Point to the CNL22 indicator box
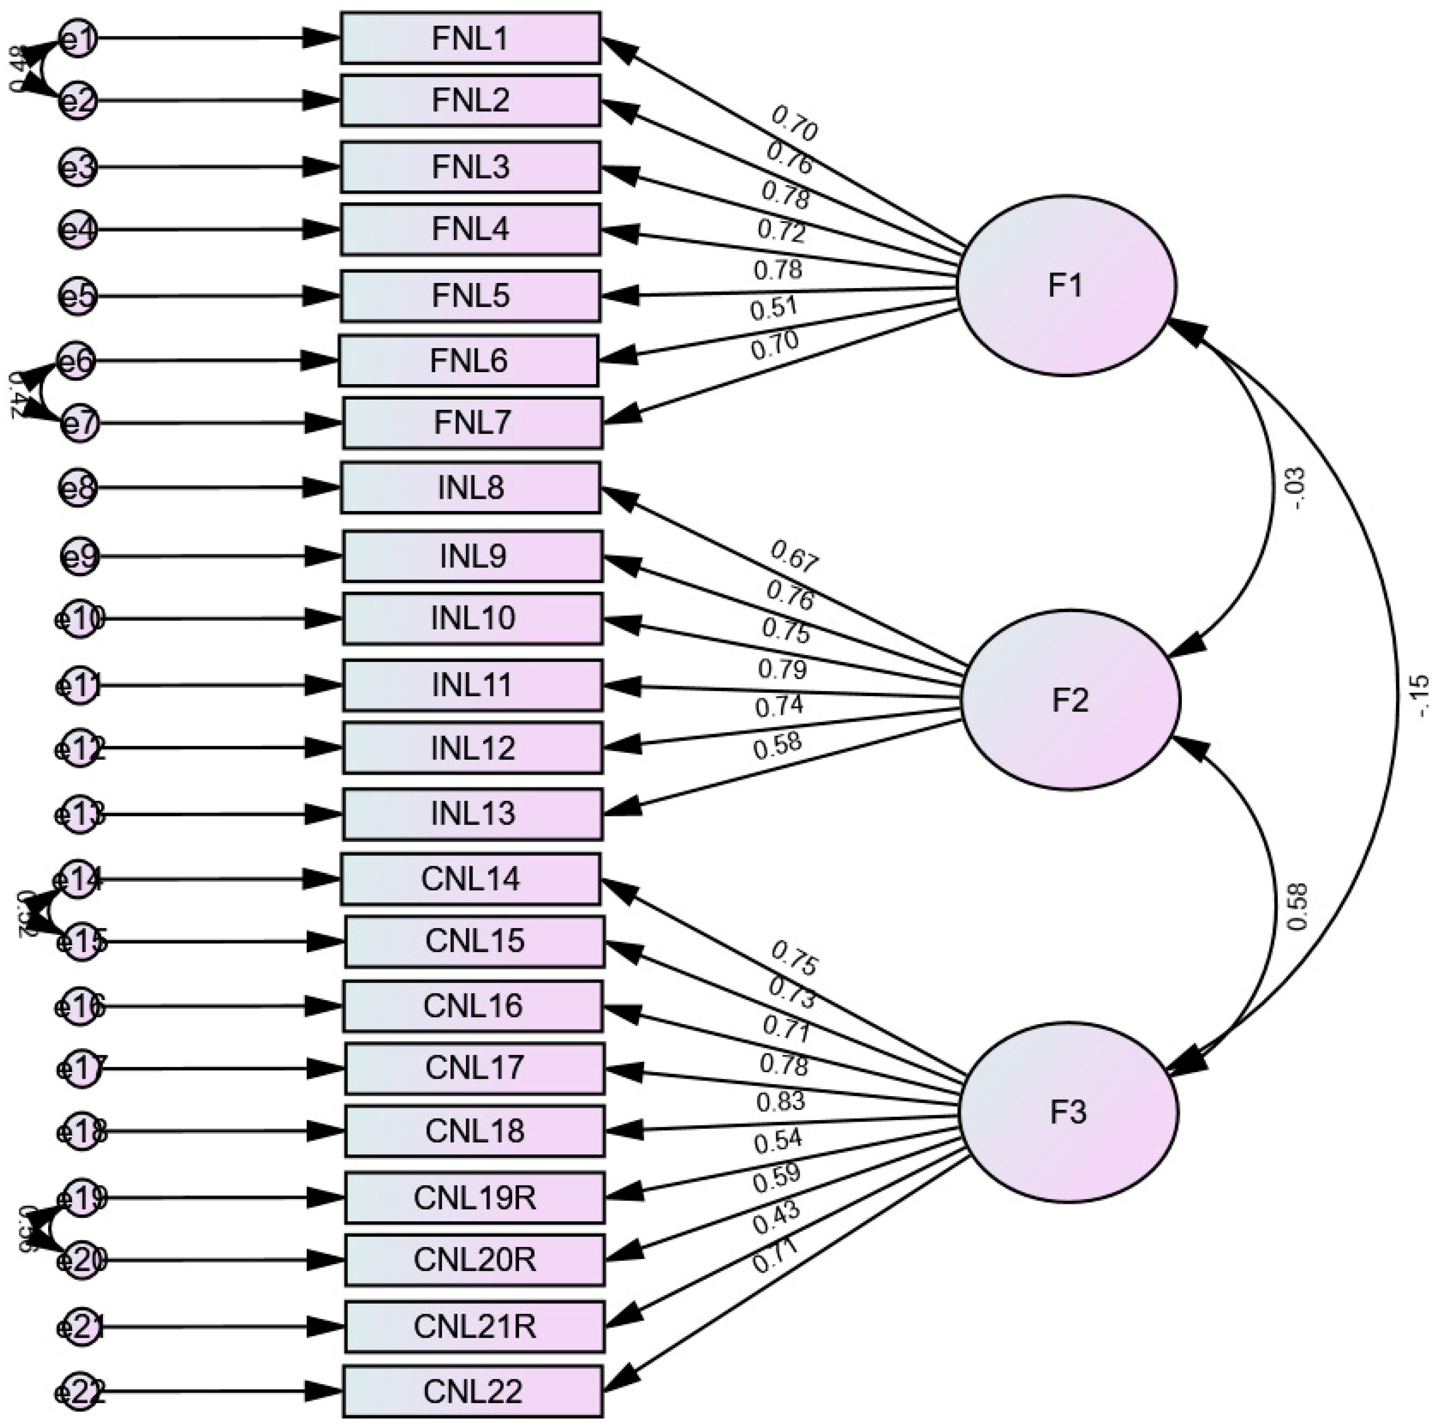point(473,1392)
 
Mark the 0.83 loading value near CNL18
point(781,1101)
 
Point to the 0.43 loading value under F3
point(776,1219)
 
